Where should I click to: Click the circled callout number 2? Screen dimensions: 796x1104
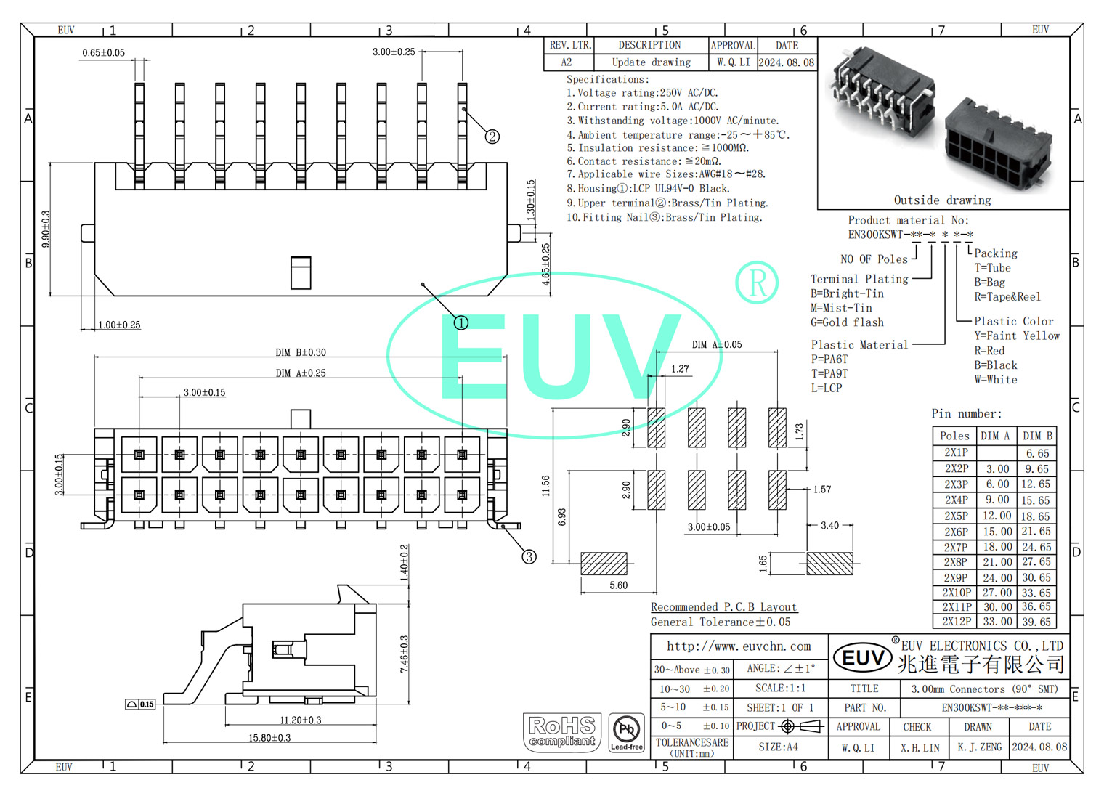click(x=492, y=137)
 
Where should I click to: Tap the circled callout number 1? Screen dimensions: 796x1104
click(x=461, y=322)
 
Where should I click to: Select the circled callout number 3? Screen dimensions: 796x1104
click(x=529, y=556)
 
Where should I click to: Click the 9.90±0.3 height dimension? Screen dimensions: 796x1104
click(x=46, y=229)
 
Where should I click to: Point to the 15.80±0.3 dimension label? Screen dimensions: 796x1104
click(x=269, y=738)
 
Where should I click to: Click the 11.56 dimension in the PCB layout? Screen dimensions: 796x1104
click(x=546, y=486)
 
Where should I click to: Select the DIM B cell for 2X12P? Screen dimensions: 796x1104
click(x=1036, y=622)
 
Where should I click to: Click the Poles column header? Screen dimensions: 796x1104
click(x=954, y=436)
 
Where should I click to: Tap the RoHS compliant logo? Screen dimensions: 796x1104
click(x=562, y=731)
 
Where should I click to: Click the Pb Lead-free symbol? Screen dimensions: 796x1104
click(x=626, y=731)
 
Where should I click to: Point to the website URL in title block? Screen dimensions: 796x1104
click(x=739, y=646)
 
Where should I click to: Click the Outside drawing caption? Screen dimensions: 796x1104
click(x=942, y=200)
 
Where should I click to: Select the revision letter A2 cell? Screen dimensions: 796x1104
click(x=567, y=62)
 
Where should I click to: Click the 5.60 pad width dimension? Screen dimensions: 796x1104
click(x=619, y=585)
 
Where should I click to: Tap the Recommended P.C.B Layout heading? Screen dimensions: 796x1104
click(x=723, y=607)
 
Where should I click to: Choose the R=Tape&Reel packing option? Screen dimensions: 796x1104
click(x=1007, y=297)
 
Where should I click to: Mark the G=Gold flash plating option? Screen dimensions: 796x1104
click(x=847, y=322)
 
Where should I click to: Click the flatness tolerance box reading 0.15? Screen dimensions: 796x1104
click(x=141, y=704)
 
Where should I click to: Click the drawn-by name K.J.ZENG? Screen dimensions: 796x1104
click(x=979, y=747)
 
